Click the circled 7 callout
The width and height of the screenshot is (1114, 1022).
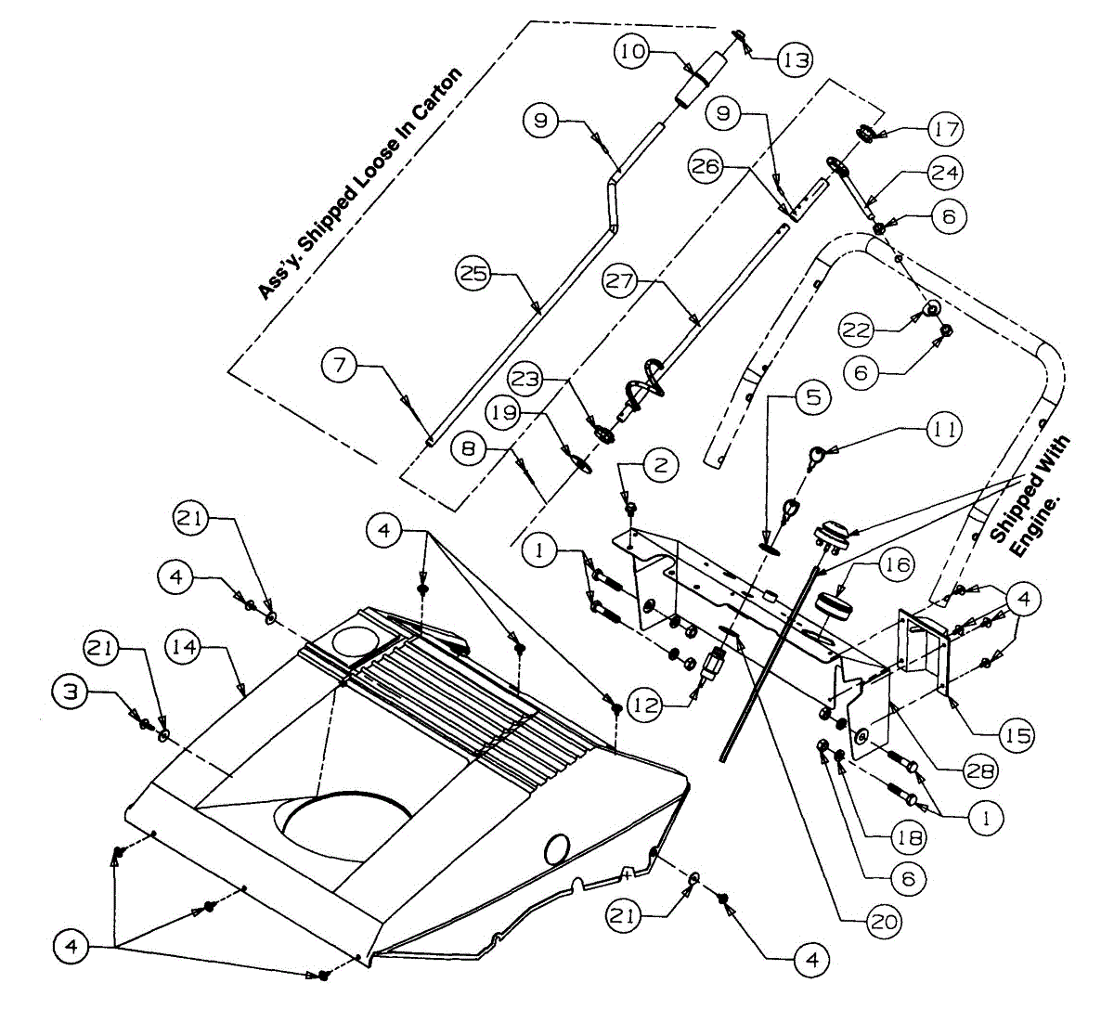point(340,365)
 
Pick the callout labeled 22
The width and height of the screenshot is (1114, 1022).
point(858,329)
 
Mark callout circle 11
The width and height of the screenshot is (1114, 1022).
point(944,429)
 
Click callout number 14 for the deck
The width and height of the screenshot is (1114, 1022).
point(186,647)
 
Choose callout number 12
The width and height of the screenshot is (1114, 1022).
point(647,705)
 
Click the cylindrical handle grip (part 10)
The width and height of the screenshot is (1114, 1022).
point(701,82)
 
